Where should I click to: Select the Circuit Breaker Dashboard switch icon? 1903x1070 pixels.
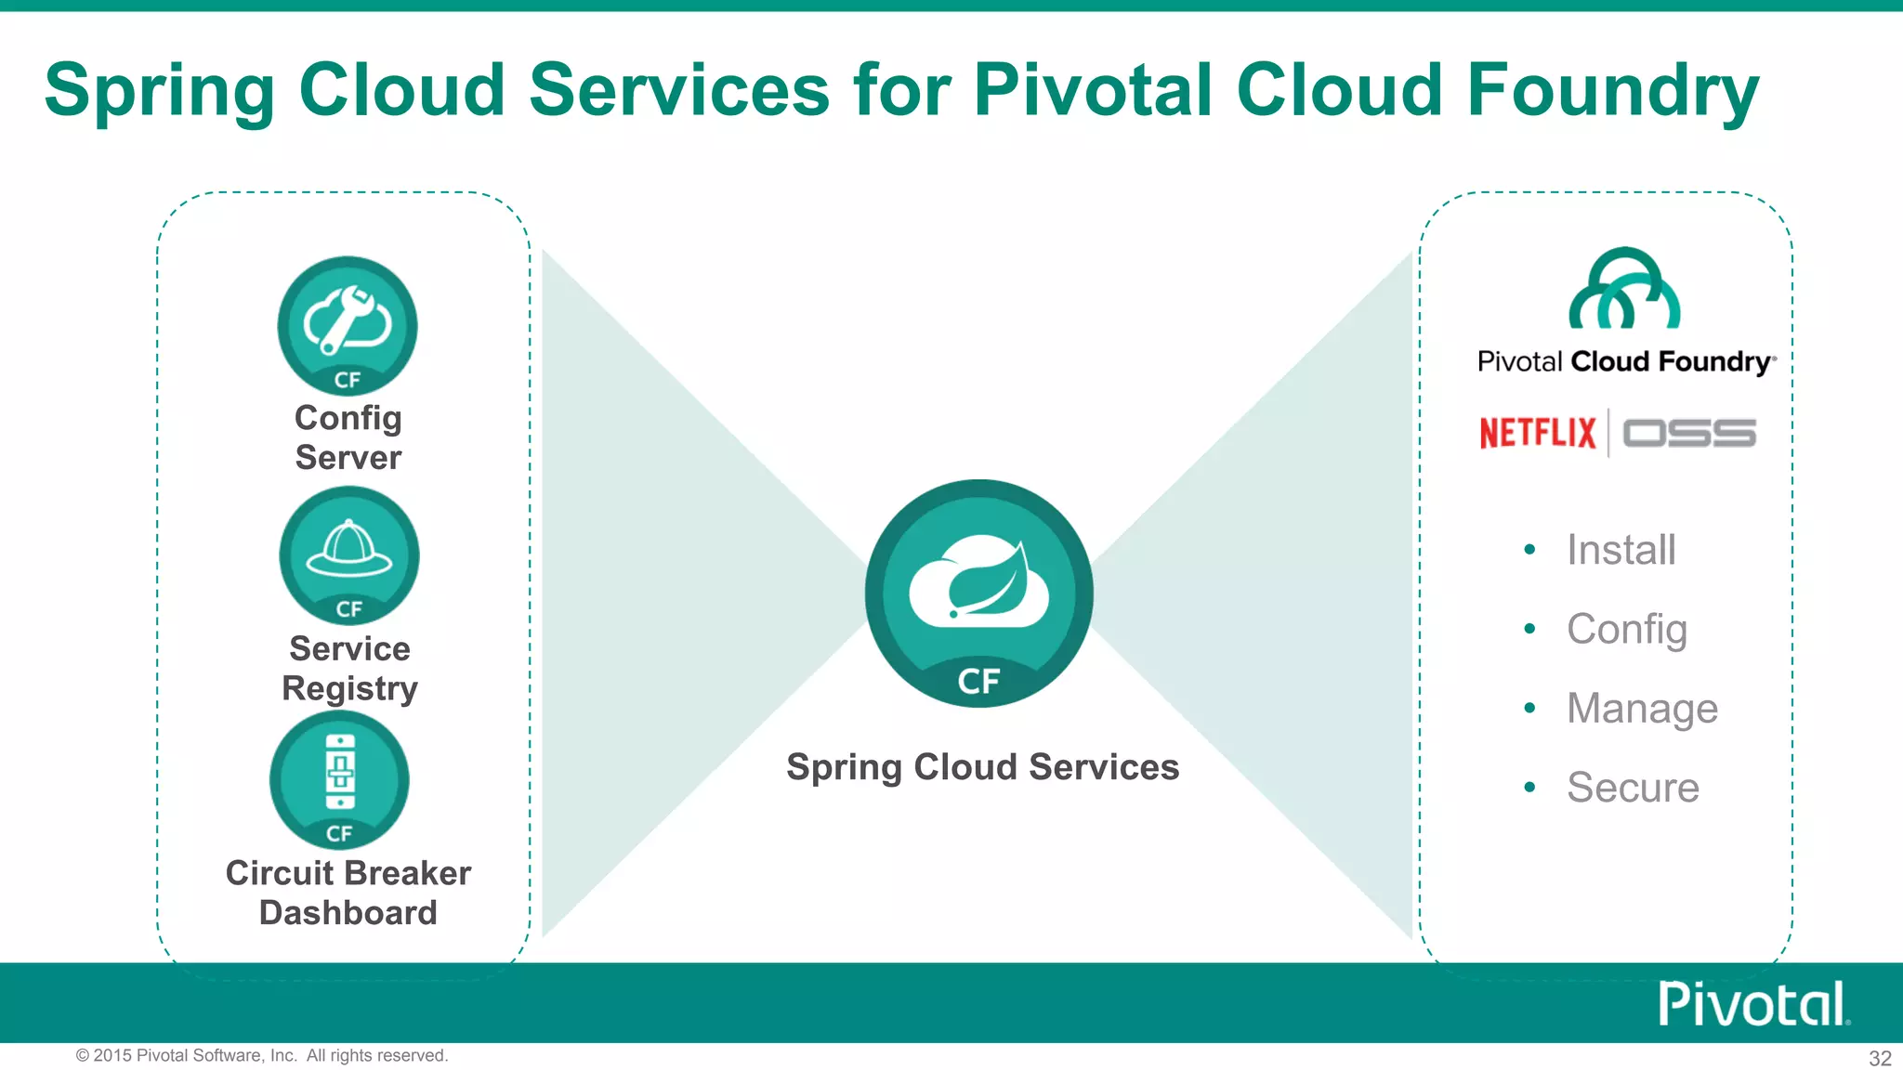point(340,778)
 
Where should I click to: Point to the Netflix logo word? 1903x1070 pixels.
point(1537,433)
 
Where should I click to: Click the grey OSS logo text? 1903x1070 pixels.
point(1689,434)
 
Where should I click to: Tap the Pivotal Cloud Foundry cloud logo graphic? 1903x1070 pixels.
point(1624,290)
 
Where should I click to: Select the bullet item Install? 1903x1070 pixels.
point(1621,550)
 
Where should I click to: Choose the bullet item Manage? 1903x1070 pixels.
point(1642,709)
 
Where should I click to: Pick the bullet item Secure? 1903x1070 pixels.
point(1633,788)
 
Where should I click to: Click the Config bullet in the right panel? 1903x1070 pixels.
point(1626,630)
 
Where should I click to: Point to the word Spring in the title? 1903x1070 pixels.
point(160,91)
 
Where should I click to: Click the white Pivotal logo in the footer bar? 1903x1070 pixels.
point(1753,1004)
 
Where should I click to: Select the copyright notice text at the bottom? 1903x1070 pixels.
point(262,1056)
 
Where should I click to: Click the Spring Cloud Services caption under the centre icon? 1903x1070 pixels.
point(982,767)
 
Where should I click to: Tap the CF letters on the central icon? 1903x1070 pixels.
point(978,682)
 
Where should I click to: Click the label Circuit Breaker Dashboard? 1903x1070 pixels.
point(348,893)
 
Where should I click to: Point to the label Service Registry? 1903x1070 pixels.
point(349,668)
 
